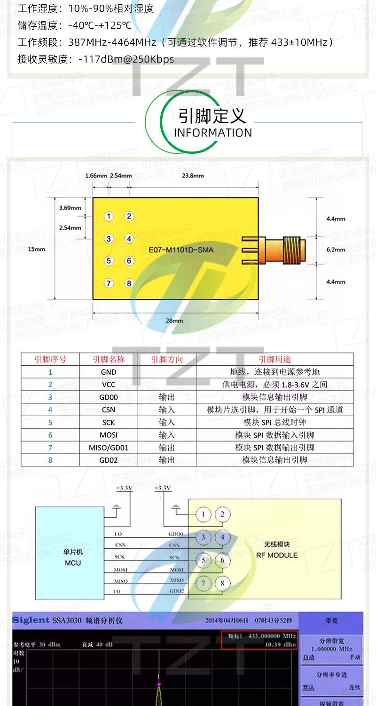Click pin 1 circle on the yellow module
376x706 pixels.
point(109,217)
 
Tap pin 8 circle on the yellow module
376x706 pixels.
point(129,283)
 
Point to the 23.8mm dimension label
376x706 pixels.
point(193,176)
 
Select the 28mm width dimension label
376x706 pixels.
point(174,321)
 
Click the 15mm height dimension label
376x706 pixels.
point(37,249)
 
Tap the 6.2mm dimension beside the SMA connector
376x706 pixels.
point(336,249)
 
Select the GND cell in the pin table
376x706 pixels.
point(109,372)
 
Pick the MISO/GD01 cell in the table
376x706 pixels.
point(109,448)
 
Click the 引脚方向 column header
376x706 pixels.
point(167,359)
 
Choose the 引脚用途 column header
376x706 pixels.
point(274,359)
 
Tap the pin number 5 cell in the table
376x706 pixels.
point(50,422)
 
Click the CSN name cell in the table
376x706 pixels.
point(109,410)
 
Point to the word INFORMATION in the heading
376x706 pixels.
point(213,133)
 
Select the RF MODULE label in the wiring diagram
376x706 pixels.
point(277,555)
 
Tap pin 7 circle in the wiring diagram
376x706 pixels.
point(204,584)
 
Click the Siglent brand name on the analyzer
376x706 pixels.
point(31,620)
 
